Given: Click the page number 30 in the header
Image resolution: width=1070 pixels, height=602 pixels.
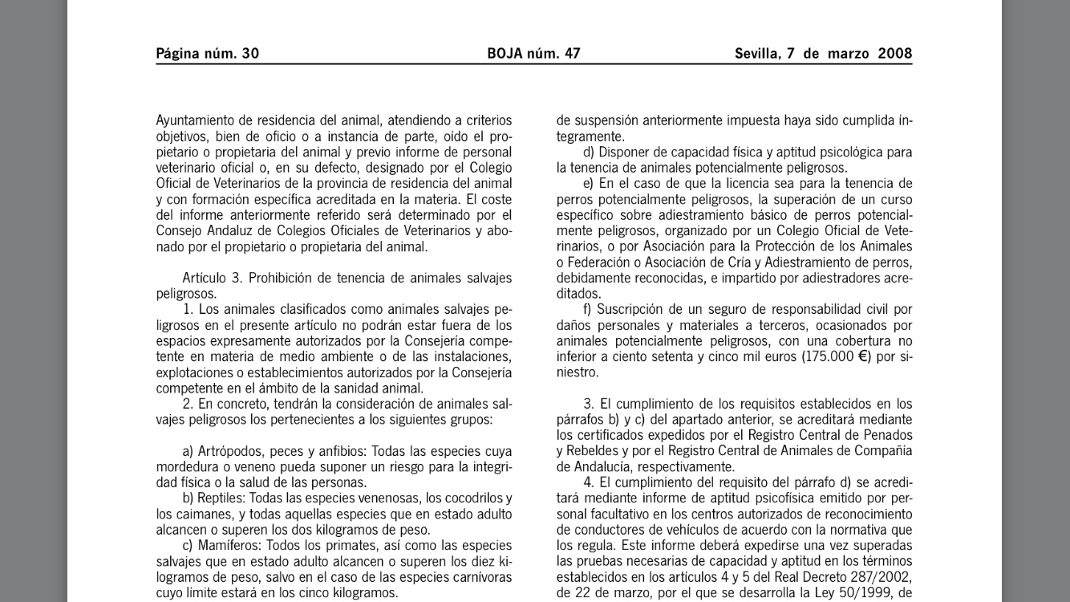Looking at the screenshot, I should pyautogui.click(x=250, y=54).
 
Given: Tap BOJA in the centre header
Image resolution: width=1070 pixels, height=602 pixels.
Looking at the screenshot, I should pyautogui.click(x=505, y=54).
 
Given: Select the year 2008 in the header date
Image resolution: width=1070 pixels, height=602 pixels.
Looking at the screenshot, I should pyautogui.click(x=894, y=54).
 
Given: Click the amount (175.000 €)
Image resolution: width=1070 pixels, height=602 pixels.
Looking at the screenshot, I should pyautogui.click(x=836, y=356).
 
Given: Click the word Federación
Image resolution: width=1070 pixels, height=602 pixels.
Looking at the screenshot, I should pyautogui.click(x=597, y=262).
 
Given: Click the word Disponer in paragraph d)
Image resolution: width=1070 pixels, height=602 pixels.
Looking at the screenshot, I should pyautogui.click(x=625, y=152).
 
